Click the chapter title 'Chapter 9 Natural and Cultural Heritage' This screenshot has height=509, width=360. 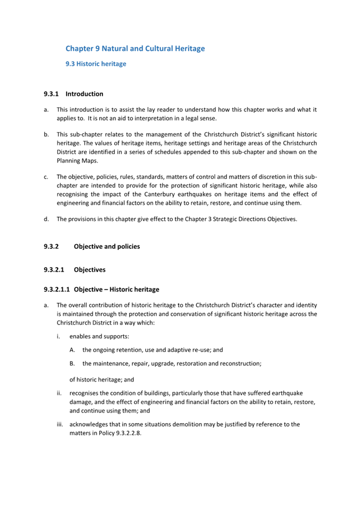(x=135, y=49)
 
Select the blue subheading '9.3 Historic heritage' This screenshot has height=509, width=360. (x=95, y=64)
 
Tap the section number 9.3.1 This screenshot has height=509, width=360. (x=51, y=94)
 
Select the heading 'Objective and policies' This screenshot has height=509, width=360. (x=107, y=246)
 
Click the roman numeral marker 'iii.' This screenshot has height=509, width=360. (x=60, y=424)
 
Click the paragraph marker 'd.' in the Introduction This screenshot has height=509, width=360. (x=47, y=219)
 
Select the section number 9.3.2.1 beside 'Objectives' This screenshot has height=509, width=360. (x=53, y=270)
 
